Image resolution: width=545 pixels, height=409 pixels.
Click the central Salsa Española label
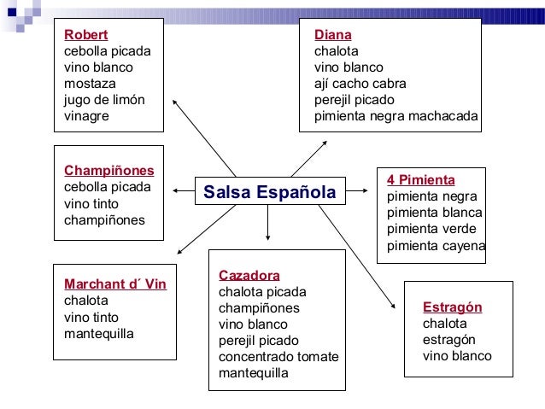pos(269,193)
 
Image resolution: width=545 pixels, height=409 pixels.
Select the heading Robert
pos(85,35)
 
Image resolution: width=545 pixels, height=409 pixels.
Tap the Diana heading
pos(332,35)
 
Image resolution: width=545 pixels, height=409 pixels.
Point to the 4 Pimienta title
pos(420,180)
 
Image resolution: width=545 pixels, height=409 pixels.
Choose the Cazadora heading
pos(249,276)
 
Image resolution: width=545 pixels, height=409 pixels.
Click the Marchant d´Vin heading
pos(114,284)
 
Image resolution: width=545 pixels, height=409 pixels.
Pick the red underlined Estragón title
pos(452,307)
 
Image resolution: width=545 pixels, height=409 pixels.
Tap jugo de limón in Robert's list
pos(104,100)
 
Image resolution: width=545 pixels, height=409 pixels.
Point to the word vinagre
pos(86,116)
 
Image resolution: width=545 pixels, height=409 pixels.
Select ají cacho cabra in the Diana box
pos(360,84)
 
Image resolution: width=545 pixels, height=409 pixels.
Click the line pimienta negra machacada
pos(396,116)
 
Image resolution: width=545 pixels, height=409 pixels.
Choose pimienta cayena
pos(436,246)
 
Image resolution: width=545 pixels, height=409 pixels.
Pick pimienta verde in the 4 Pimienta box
pos(431,229)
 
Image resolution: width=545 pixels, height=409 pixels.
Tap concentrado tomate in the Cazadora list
pos(278,357)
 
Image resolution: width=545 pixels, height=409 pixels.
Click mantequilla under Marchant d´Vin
pos(98,333)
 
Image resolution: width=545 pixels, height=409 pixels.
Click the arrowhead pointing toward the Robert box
pos(175,102)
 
